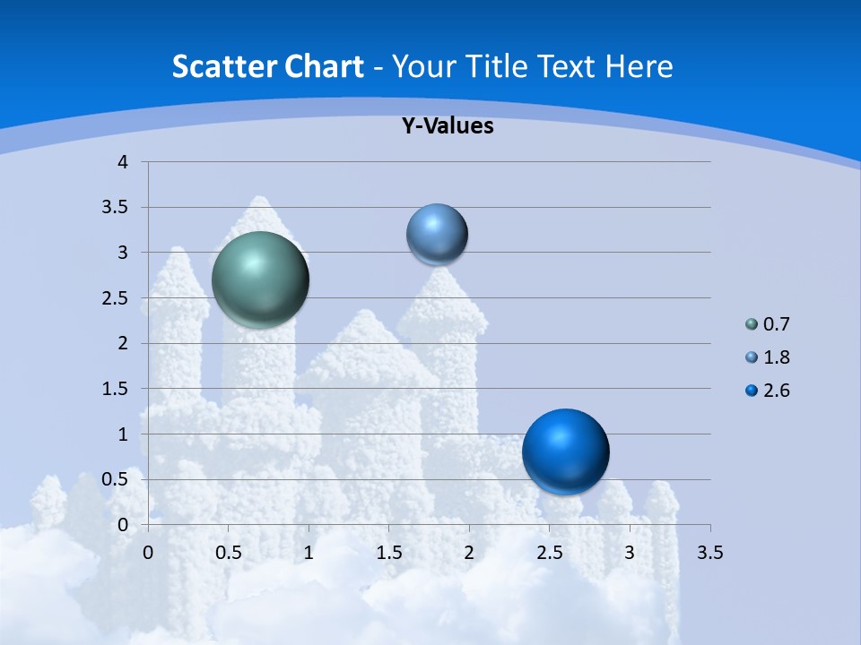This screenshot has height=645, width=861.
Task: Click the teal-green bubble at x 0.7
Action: [261, 279]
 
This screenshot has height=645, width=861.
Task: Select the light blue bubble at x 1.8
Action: [437, 235]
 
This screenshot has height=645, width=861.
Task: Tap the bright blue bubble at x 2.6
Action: [565, 451]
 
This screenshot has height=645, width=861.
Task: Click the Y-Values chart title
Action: [448, 126]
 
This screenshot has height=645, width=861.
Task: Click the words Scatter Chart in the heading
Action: [267, 66]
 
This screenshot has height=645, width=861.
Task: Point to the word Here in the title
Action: [638, 66]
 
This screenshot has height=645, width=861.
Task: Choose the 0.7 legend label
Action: [776, 324]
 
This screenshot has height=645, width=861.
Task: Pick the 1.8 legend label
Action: [776, 357]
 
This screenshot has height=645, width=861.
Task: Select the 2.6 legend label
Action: [776, 391]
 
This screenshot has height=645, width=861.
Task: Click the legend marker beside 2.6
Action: [752, 391]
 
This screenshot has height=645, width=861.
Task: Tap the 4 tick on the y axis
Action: [123, 162]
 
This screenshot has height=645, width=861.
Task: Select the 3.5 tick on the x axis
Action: [709, 553]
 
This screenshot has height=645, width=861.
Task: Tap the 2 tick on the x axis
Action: [469, 553]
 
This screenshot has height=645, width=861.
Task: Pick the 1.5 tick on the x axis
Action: [388, 553]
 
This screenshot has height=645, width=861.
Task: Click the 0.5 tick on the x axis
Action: [228, 553]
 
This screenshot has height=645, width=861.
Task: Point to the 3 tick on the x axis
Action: [630, 553]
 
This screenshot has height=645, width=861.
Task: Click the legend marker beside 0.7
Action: [752, 324]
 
